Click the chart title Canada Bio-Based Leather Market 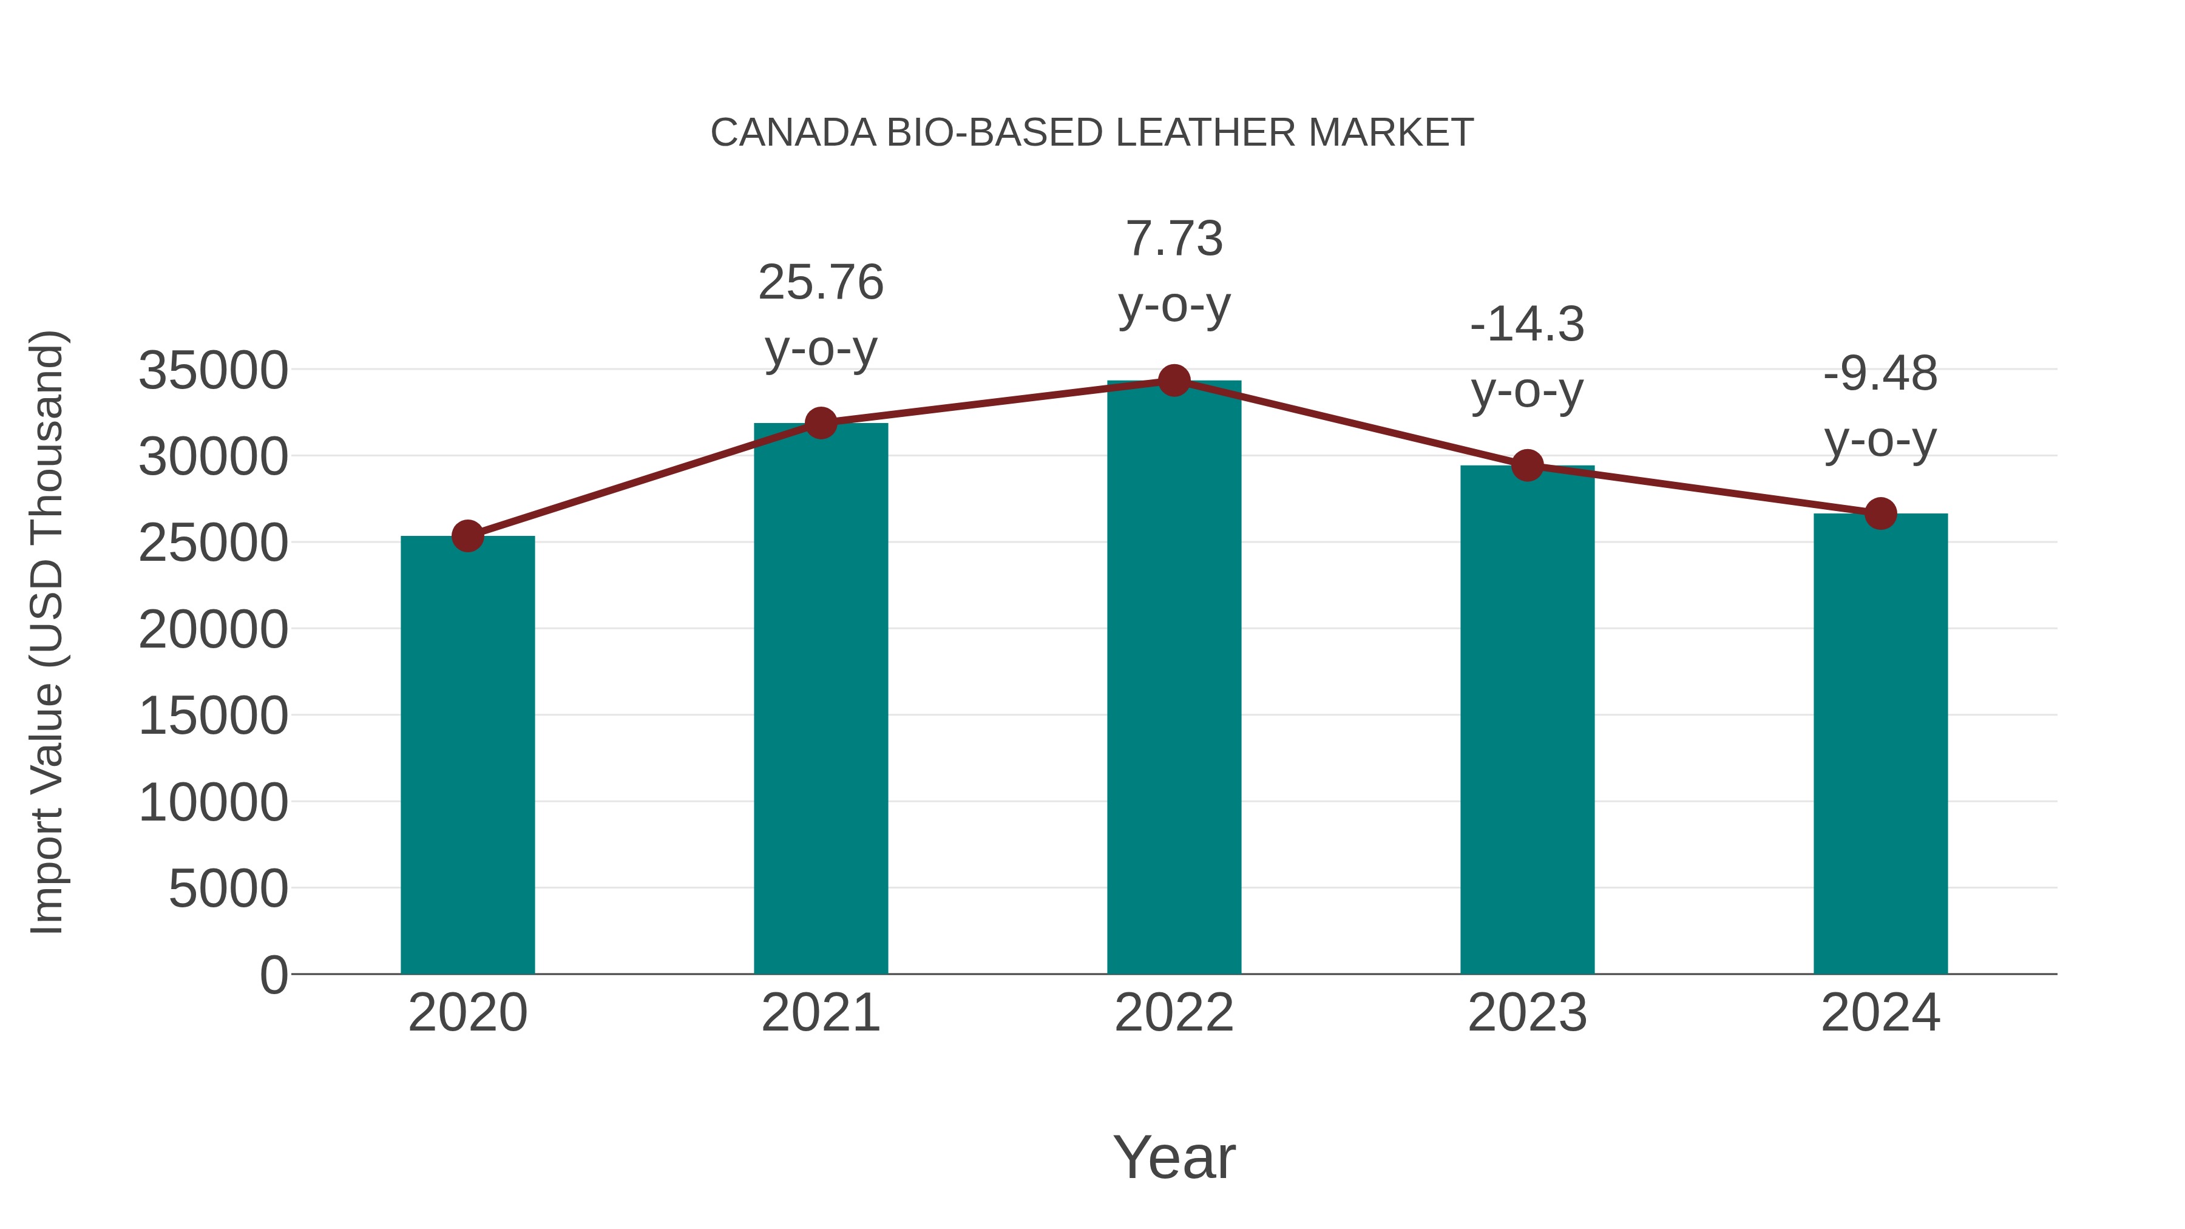(x=1092, y=133)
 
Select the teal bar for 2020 (x=467, y=755)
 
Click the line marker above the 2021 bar (x=821, y=422)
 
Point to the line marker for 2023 (x=1527, y=465)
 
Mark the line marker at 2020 (x=467, y=536)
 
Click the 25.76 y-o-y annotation (x=821, y=316)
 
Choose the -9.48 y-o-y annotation (x=1880, y=407)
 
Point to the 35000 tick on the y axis (x=213, y=371)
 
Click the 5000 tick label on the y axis (x=228, y=889)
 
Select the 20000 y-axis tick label (x=213, y=630)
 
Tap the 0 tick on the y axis (x=274, y=975)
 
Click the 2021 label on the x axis (x=821, y=1013)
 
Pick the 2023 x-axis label (x=1527, y=1013)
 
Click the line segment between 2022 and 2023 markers (x=1350, y=422)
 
